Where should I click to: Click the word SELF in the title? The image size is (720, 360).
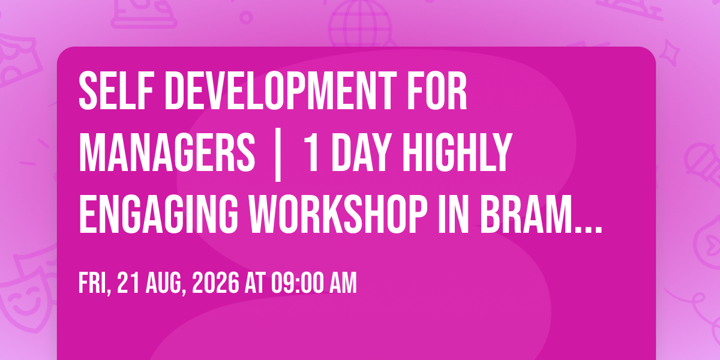pos(116,91)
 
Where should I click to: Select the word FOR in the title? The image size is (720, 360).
pos(437,91)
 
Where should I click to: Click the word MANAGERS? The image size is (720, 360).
pos(167,153)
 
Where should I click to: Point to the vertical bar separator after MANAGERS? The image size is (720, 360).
pos(278,155)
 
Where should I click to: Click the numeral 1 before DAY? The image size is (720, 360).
pos(312,153)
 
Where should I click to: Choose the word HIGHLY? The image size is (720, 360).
pos(457,153)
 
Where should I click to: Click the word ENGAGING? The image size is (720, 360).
pos(158,214)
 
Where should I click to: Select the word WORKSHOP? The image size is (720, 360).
pos(339,214)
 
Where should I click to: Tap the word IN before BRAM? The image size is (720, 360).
pos(454,214)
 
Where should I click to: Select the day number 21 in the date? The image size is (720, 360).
pos(128,283)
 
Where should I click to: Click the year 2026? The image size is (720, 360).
pos(215,283)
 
